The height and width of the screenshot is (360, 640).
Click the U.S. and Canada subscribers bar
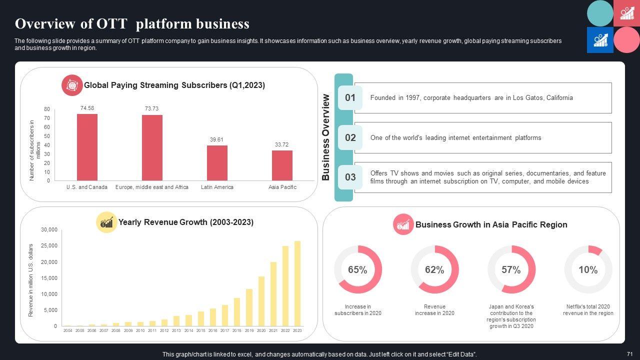87,147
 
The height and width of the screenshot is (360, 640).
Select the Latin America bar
217,163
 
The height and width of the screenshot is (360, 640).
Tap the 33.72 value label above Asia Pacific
281,144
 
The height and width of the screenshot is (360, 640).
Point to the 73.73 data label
151,108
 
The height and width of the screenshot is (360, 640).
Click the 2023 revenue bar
297,283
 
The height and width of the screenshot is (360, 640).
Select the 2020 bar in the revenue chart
261,301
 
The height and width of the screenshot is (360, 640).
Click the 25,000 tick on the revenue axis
49,246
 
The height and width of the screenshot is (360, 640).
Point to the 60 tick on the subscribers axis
47,127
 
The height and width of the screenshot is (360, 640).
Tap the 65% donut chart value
357,270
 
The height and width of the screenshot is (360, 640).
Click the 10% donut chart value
588,270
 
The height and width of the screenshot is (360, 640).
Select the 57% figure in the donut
511,270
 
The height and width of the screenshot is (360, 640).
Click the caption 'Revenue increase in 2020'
434,310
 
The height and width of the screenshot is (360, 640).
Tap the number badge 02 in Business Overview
350,137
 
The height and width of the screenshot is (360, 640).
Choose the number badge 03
350,177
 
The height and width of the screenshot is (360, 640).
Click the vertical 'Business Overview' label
326,137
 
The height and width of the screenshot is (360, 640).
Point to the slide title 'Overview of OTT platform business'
132,23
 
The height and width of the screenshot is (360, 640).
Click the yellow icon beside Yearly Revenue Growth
106,222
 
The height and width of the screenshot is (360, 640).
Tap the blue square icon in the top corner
599,40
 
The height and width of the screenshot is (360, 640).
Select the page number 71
629,354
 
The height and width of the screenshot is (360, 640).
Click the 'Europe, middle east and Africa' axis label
152,187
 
